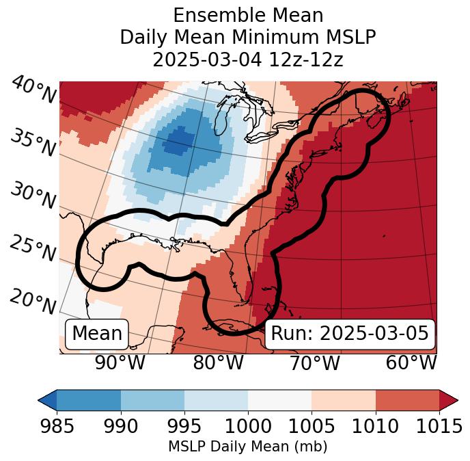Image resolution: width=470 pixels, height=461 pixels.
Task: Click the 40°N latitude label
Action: tap(33, 91)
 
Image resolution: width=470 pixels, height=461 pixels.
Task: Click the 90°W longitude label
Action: tap(120, 363)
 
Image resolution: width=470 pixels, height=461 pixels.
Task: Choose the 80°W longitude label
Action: tap(218, 363)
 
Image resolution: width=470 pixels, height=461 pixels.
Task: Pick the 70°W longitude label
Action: tap(314, 363)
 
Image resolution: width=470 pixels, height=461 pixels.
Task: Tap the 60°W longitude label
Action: tap(411, 363)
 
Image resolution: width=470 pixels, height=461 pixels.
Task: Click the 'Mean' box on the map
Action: tap(97, 334)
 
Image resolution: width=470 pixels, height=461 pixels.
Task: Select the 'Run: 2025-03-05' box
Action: tap(350, 334)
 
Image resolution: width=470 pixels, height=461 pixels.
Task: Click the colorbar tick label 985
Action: tap(57, 427)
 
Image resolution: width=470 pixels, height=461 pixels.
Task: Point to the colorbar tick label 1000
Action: tap(248, 427)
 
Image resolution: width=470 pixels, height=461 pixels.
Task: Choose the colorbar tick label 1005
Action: tap(312, 427)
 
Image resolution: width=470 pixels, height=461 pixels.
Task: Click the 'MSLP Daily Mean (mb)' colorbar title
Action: tap(248, 447)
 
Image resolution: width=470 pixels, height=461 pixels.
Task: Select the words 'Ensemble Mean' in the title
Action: tap(248, 15)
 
